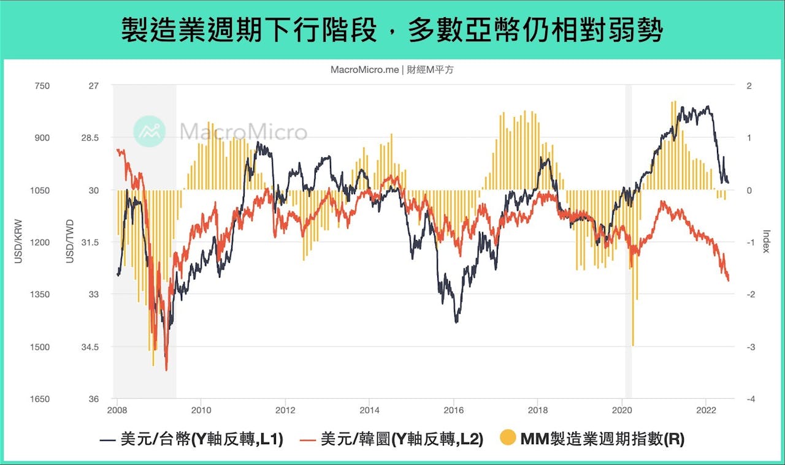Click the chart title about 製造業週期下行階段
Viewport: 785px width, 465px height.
pos(392,29)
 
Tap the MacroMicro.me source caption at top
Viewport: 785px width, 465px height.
pos(392,70)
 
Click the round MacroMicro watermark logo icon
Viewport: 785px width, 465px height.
pos(150,131)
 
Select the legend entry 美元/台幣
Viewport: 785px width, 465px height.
pos(191,439)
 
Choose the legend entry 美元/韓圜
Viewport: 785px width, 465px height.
pos(392,439)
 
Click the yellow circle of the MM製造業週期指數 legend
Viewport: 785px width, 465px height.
pos(508,439)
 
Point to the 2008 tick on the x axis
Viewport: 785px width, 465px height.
pos(117,410)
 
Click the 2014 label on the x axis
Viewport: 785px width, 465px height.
pos(369,410)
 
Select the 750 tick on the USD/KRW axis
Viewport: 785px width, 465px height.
pos(42,86)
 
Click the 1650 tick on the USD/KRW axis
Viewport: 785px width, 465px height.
pos(40,399)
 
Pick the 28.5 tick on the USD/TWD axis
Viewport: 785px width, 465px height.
pos(89,138)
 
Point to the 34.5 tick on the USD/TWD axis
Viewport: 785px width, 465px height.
pos(89,347)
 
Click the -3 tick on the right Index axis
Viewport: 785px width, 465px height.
pos(749,347)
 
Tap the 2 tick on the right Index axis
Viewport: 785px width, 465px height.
pos(749,86)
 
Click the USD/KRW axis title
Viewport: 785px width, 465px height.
pos(18,243)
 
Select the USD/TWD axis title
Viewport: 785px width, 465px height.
pos(70,243)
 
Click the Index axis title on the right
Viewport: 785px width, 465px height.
pos(766,243)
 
